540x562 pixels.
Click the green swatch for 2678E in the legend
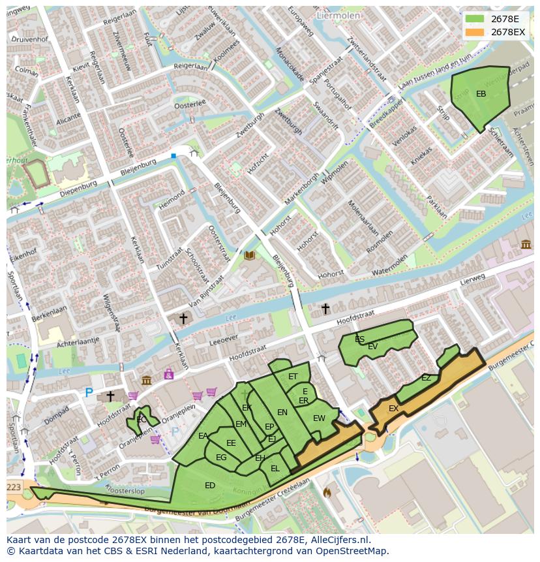475,18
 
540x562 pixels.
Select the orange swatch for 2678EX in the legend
475,31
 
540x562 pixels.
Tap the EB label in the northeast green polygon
481,94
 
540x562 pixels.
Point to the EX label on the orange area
393,409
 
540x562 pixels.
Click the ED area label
210,485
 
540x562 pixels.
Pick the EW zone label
319,418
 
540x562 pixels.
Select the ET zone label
293,377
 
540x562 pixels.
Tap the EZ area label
426,378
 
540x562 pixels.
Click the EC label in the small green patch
142,420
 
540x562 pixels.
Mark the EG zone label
221,457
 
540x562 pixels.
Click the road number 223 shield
13,487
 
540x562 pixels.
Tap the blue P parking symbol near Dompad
89,392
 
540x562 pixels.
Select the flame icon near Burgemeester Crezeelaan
327,492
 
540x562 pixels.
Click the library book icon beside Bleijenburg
249,255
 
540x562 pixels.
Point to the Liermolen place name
338,14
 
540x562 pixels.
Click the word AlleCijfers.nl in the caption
338,540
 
